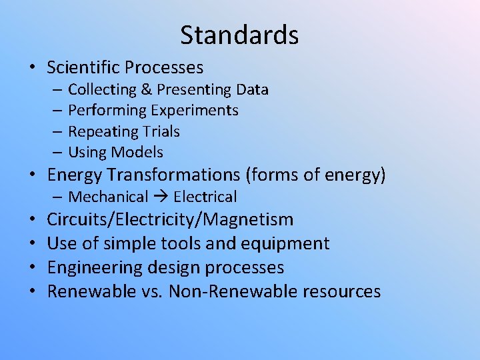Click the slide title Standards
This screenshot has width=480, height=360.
point(239,35)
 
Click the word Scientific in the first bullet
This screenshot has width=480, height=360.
point(83,67)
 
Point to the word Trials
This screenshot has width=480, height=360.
point(160,131)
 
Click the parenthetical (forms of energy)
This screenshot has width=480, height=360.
point(316,175)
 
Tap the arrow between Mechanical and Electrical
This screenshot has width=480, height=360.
point(160,197)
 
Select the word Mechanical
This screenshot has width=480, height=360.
point(108,197)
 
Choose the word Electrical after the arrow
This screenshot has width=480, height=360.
point(205,197)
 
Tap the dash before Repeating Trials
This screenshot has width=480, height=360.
point(59,131)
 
